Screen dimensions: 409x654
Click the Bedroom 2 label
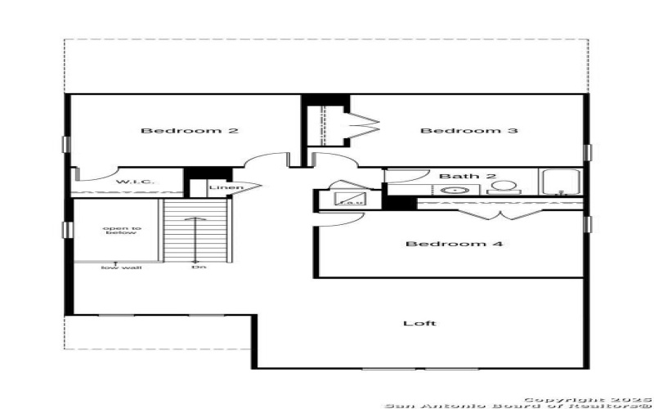[190, 131]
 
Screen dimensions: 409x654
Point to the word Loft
[419, 323]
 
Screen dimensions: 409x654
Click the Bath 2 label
[456, 176]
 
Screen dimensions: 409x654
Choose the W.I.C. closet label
[130, 182]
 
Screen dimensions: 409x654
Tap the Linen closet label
[225, 188]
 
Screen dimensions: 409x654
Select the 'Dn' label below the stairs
[197, 267]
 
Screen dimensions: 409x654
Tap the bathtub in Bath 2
[560, 182]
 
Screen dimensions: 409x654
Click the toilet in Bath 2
[502, 187]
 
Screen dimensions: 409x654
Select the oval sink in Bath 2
[452, 190]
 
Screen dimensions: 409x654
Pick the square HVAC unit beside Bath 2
[351, 198]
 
